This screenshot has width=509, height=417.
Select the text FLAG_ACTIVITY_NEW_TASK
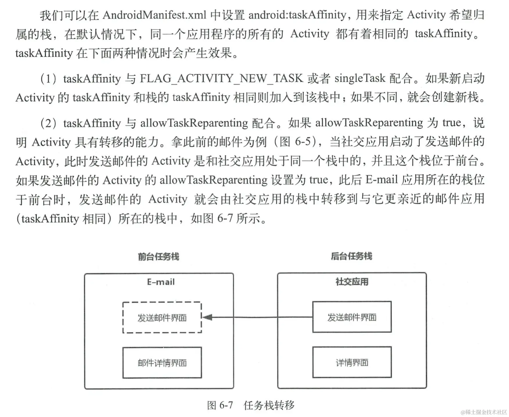221,79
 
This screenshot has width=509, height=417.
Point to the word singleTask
360,78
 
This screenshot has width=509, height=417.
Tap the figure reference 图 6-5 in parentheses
297,142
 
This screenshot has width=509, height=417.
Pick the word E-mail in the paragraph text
381,180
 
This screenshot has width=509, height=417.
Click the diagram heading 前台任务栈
158,256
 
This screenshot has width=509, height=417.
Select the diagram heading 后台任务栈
351,256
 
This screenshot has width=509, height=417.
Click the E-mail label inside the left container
161,282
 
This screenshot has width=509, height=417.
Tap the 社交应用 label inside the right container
352,281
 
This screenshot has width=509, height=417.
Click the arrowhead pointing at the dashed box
207,317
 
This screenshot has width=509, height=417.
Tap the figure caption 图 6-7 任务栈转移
251,405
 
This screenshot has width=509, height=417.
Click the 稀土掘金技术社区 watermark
484,412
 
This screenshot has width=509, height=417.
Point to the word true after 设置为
319,180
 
